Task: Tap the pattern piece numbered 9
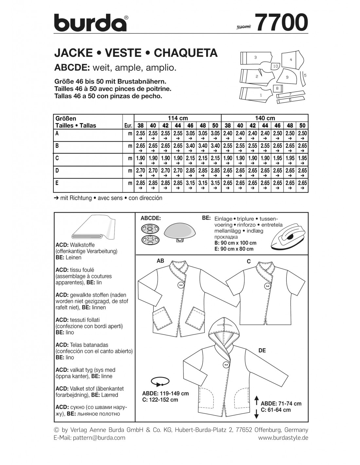pyautogui.click(x=288, y=77)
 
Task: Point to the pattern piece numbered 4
pyautogui.click(x=290, y=60)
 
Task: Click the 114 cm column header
pyautogui.click(x=178, y=118)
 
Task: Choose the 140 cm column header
pyautogui.click(x=265, y=118)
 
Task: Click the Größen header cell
pyautogui.click(x=66, y=118)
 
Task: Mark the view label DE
pyautogui.click(x=262, y=350)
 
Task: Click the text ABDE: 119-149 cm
pyautogui.click(x=165, y=393)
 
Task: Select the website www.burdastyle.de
pyautogui.click(x=283, y=438)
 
